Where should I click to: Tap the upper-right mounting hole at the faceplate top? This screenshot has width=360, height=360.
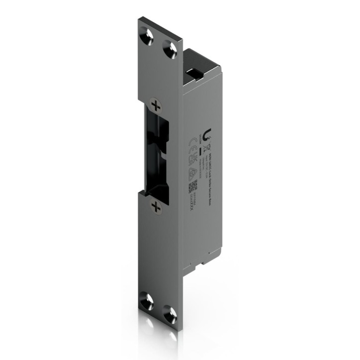pyautogui.click(x=170, y=49)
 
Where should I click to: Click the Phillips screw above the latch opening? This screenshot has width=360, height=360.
pyautogui.click(x=156, y=105)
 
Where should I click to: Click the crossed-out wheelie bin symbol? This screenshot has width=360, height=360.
pyautogui.click(x=201, y=135)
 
